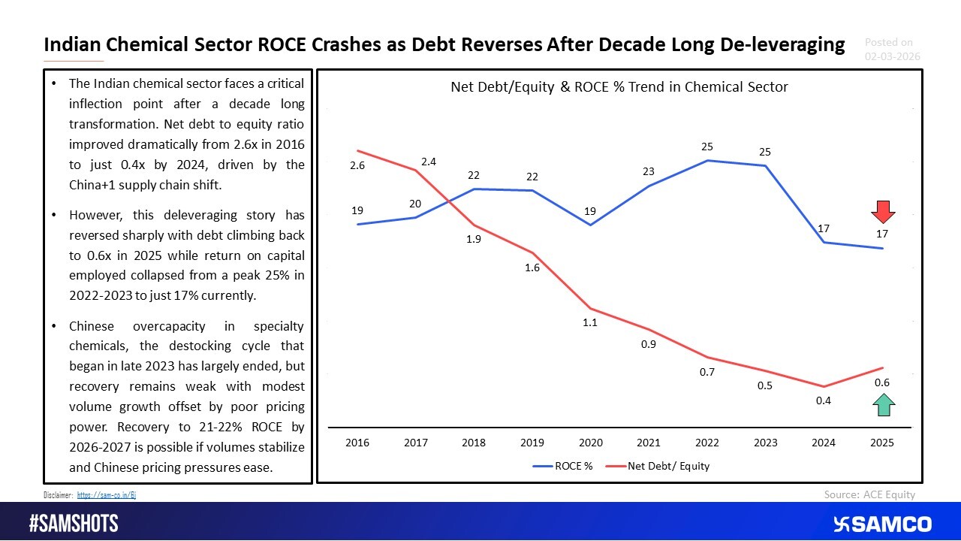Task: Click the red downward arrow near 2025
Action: [x=882, y=212]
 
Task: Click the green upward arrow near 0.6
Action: [x=882, y=406]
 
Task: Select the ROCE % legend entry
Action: [x=562, y=466]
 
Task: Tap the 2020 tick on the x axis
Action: [x=590, y=443]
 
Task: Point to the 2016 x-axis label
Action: [x=357, y=443]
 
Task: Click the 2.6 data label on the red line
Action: [x=357, y=165]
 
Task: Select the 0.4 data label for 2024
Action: [x=824, y=400]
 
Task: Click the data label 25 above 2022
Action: [x=706, y=147]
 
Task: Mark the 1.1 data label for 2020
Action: [x=590, y=323]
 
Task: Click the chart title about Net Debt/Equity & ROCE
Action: [x=619, y=87]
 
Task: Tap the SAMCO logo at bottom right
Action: [x=882, y=524]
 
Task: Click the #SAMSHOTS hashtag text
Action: [x=74, y=524]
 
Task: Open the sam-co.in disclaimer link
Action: [x=107, y=495]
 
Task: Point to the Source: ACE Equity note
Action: [x=869, y=494]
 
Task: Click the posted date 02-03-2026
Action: [x=893, y=56]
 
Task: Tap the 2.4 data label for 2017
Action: [x=429, y=161]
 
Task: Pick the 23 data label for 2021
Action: [x=649, y=171]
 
